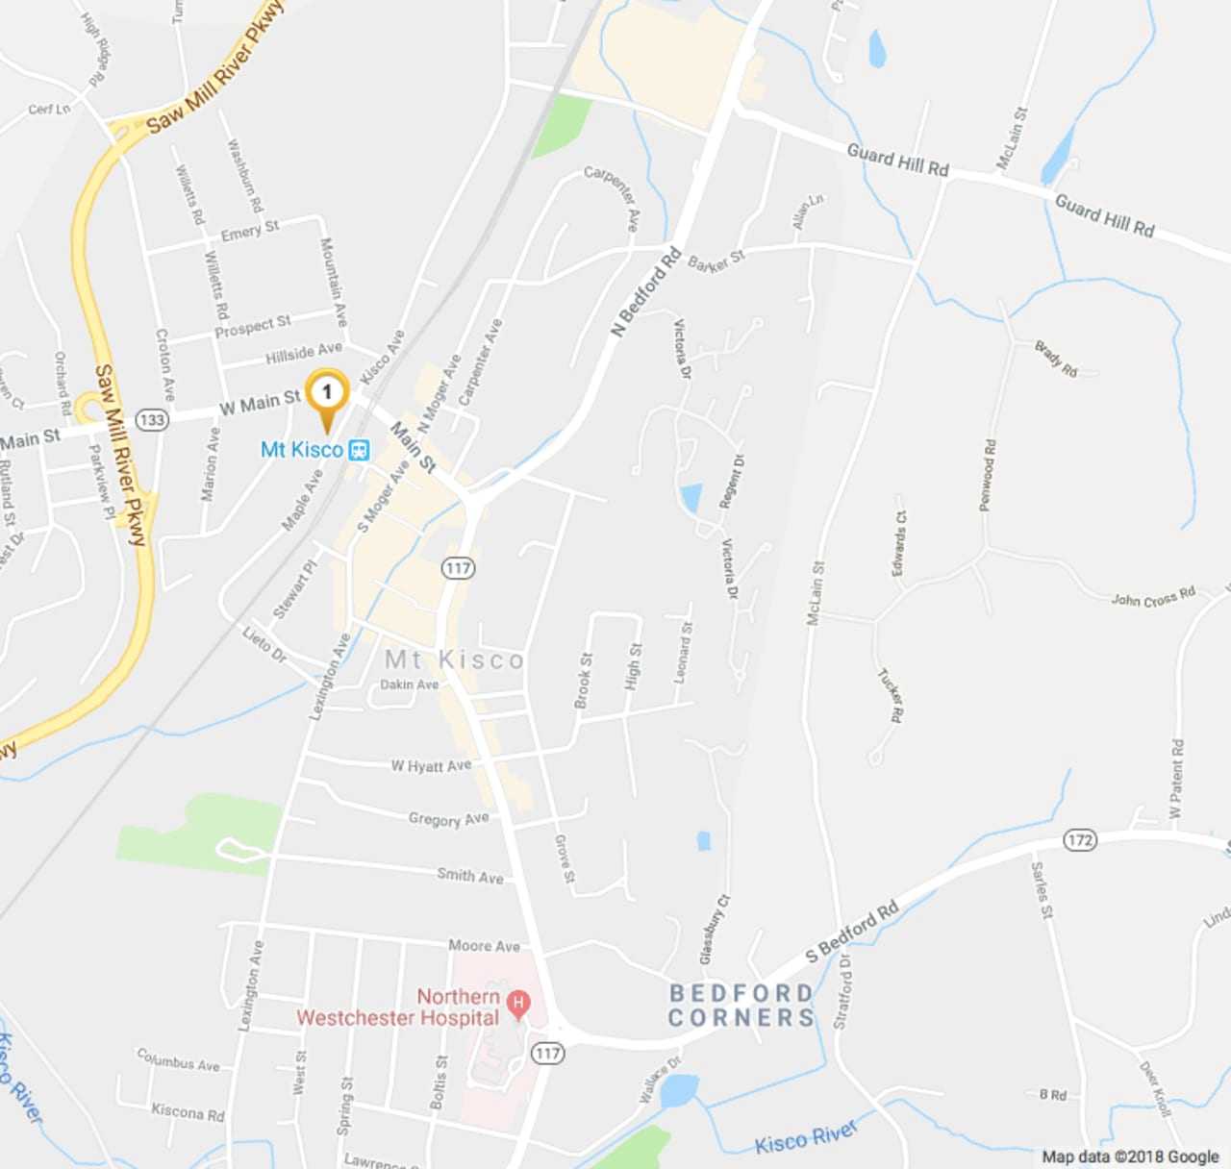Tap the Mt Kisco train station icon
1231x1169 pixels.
(x=359, y=450)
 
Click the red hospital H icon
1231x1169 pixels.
(x=518, y=1004)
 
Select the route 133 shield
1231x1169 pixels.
(x=152, y=419)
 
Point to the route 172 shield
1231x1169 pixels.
(x=1080, y=840)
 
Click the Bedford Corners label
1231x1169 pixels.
(x=741, y=1006)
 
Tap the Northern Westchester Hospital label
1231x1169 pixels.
(x=398, y=1007)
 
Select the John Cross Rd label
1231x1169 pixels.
(x=1153, y=597)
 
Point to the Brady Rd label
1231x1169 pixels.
(x=1056, y=358)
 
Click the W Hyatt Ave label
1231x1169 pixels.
(x=431, y=766)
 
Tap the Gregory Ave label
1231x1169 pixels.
(x=448, y=819)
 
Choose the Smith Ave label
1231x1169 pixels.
(x=469, y=876)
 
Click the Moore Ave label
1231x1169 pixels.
(x=484, y=946)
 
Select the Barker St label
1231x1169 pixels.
(x=716, y=261)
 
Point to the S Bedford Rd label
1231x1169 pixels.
(x=851, y=931)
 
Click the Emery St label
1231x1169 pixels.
(x=250, y=231)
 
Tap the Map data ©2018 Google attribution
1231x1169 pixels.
(x=1130, y=1157)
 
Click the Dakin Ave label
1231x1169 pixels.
(x=409, y=684)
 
